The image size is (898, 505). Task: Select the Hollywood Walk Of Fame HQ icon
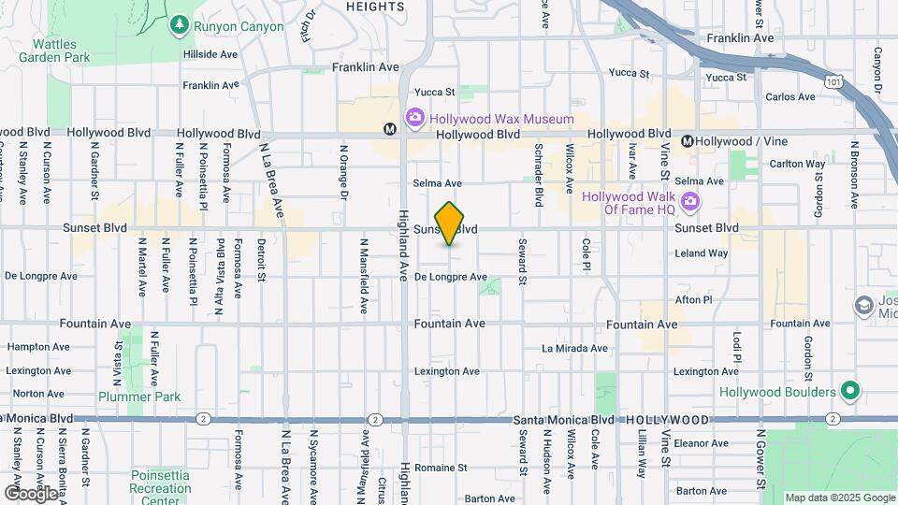[x=690, y=200]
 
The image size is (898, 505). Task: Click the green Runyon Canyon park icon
[x=179, y=25]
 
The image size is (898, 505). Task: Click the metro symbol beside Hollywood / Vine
[x=688, y=141]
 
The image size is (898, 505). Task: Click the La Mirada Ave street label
[x=574, y=348]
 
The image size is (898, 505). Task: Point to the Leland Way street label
[x=701, y=253]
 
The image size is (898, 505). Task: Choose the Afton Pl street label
[x=694, y=300]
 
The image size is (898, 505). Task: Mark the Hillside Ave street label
[x=211, y=55]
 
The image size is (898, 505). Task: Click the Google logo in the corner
[x=31, y=493]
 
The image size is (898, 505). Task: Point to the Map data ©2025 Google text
[x=839, y=498]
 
